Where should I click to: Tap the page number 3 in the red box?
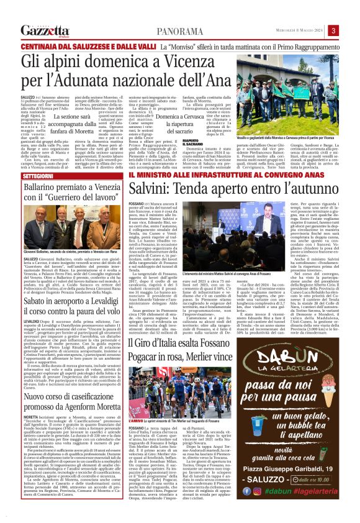click(x=351, y=31)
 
